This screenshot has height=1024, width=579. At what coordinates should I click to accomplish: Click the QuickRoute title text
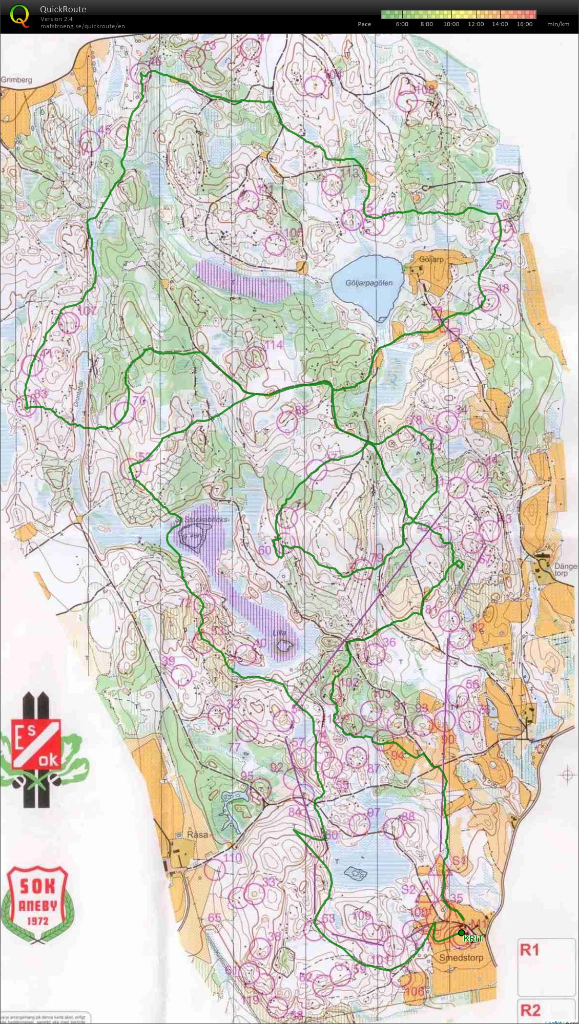coord(63,9)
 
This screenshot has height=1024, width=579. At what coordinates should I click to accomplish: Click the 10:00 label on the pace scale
coord(451,24)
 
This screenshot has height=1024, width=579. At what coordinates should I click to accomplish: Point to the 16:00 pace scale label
coord(524,24)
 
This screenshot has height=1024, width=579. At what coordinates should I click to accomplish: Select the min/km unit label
coord(558,24)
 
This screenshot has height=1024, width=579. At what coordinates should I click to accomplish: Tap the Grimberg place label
coord(16,80)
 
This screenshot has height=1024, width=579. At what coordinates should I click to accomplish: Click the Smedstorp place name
coord(461,957)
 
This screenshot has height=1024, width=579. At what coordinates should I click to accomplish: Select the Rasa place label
coord(197,834)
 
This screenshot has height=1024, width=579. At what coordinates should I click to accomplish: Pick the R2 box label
coord(530,1010)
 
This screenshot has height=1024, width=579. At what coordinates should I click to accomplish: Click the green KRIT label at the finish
coord(473,939)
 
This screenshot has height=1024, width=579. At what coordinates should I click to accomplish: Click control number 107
coord(87,310)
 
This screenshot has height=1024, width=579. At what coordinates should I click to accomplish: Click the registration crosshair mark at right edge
coord(567,775)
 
